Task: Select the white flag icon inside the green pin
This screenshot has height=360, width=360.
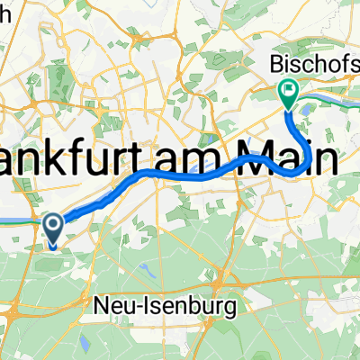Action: click(288, 88)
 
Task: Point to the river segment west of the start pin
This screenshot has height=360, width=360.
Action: click(18, 219)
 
